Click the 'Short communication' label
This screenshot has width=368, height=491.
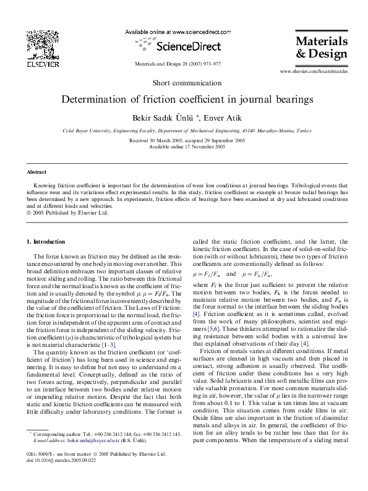(184, 83)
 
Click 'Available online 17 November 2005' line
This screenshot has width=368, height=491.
(183, 147)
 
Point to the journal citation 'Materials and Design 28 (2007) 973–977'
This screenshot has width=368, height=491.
(177, 64)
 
